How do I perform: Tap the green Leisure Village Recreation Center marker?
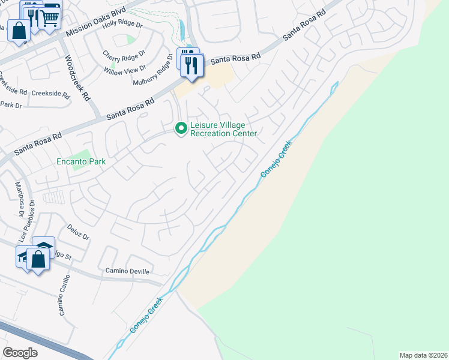coord(180,129)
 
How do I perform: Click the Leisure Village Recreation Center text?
coord(223,130)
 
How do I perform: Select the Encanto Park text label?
coord(81,161)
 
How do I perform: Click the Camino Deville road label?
coord(127,271)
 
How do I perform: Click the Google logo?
coord(20,353)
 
